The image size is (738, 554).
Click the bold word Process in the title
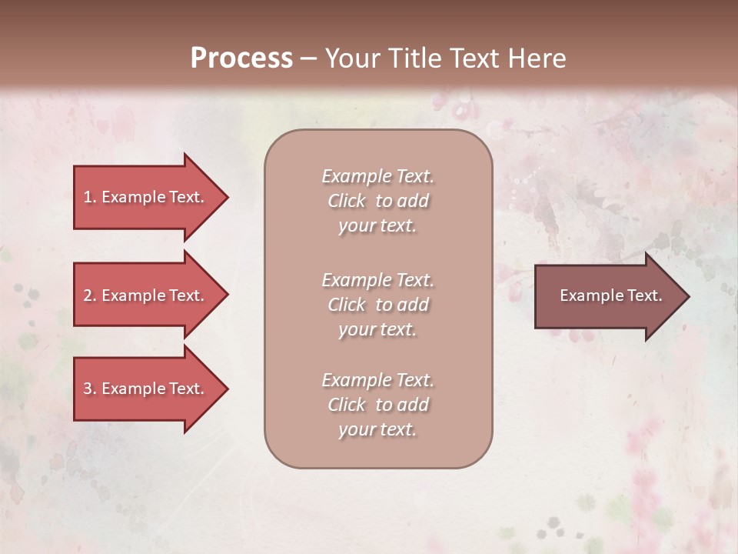point(241,58)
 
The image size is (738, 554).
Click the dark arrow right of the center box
point(607,296)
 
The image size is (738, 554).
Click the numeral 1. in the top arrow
point(89,197)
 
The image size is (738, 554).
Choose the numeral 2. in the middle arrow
point(89,295)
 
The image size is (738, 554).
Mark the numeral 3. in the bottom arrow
point(89,389)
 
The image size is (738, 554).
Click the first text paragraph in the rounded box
point(377,201)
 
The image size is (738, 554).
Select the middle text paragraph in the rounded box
point(377,305)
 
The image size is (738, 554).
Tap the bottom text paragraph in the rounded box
point(377,405)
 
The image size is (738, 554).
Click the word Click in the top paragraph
point(346,201)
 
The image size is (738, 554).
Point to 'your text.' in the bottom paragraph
point(377,429)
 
